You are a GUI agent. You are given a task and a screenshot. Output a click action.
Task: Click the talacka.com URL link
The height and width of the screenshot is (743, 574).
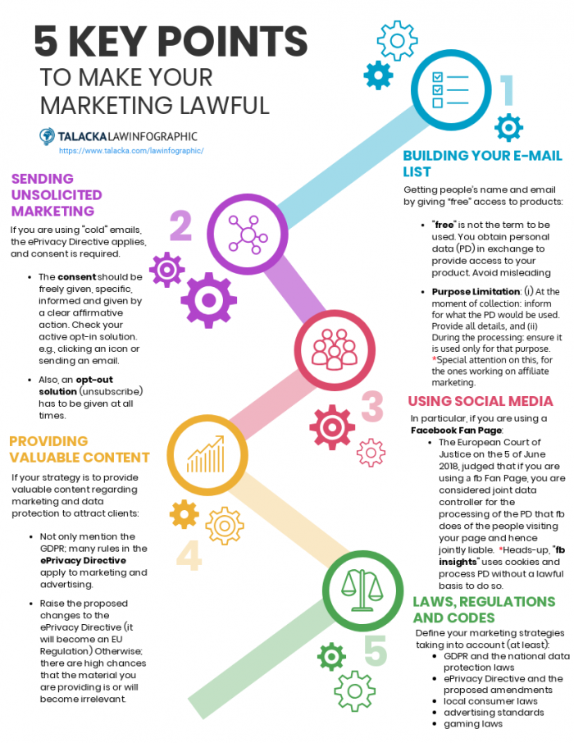(x=131, y=151)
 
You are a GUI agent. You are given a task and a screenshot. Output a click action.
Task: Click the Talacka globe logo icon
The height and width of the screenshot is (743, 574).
(x=47, y=136)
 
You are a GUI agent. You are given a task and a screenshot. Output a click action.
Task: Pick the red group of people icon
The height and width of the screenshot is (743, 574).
(x=335, y=349)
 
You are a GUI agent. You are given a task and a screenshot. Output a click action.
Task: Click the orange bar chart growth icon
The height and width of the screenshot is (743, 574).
(x=206, y=454)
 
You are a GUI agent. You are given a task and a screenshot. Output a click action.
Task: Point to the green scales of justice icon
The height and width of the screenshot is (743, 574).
(x=362, y=590)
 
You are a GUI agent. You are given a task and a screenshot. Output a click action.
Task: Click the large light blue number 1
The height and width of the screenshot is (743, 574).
(x=507, y=90)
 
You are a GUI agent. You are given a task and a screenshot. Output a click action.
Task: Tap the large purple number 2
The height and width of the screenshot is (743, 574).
(x=181, y=226)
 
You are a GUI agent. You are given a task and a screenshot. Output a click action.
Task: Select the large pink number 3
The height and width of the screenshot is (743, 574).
(x=372, y=406)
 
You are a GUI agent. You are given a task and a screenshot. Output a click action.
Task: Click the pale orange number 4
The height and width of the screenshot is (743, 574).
(x=189, y=555)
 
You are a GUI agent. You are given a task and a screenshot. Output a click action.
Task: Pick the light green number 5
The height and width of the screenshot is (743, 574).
(x=376, y=650)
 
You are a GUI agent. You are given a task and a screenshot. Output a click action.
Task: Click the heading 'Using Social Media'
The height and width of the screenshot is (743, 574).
(x=481, y=401)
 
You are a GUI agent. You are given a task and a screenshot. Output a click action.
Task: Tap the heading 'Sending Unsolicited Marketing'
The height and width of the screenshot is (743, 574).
(x=57, y=194)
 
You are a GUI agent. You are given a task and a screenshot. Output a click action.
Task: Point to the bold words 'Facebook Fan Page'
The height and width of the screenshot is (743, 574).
(x=456, y=431)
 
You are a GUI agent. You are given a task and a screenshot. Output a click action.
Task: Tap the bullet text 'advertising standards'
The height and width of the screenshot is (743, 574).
(x=494, y=712)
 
